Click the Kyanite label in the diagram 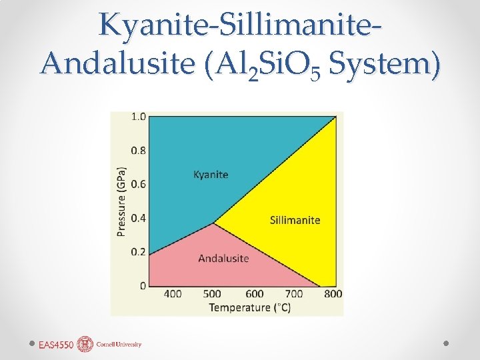point(211,175)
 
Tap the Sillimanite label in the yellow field point(295,220)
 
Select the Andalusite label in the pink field point(223,258)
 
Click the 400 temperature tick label point(173,294)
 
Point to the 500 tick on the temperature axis point(213,294)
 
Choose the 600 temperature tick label point(254,294)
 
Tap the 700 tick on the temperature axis point(293,294)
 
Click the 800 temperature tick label point(333,294)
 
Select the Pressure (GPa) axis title point(122,201)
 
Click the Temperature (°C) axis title point(249,307)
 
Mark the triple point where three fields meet point(214,223)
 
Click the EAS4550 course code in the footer point(55,345)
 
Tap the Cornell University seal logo point(85,344)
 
